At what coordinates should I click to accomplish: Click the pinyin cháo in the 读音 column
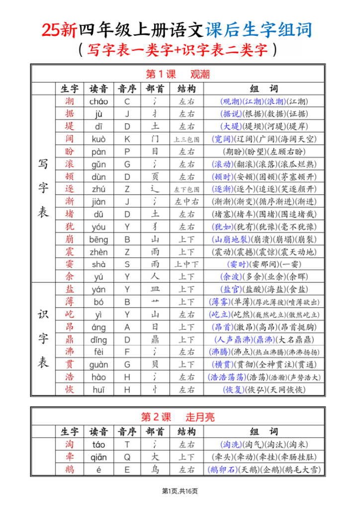98,101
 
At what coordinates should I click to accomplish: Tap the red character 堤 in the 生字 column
70,126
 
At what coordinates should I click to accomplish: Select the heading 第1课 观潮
178,75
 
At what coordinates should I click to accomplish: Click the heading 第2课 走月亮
178,417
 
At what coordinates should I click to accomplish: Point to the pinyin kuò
98,139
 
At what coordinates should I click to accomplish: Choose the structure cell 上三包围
186,139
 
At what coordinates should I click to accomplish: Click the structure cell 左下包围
186,189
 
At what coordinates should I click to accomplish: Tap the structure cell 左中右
186,201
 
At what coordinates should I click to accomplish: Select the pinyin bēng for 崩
98,239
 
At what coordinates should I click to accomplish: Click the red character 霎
70,264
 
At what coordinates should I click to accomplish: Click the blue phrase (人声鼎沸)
232,339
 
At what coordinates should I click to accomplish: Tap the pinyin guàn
98,364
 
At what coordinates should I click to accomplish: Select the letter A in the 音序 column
127,327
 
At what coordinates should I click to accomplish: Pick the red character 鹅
70,469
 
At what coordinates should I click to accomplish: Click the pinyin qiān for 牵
98,457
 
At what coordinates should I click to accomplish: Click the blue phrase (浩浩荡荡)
227,377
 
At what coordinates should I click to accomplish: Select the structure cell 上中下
186,264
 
